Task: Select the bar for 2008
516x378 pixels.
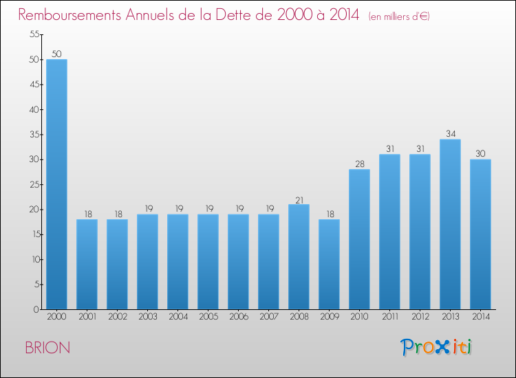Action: (299, 257)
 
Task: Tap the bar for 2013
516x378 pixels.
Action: (450, 224)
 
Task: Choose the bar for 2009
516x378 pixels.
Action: (329, 265)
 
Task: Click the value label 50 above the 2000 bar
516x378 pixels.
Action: (56, 54)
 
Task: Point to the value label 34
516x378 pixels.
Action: (450, 134)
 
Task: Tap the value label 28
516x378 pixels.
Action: (359, 164)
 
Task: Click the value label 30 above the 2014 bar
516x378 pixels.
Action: (480, 154)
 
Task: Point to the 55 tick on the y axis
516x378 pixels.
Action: (33, 34)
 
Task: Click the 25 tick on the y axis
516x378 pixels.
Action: (33, 184)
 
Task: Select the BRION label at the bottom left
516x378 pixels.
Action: (47, 348)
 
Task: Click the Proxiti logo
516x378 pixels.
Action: (437, 347)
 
